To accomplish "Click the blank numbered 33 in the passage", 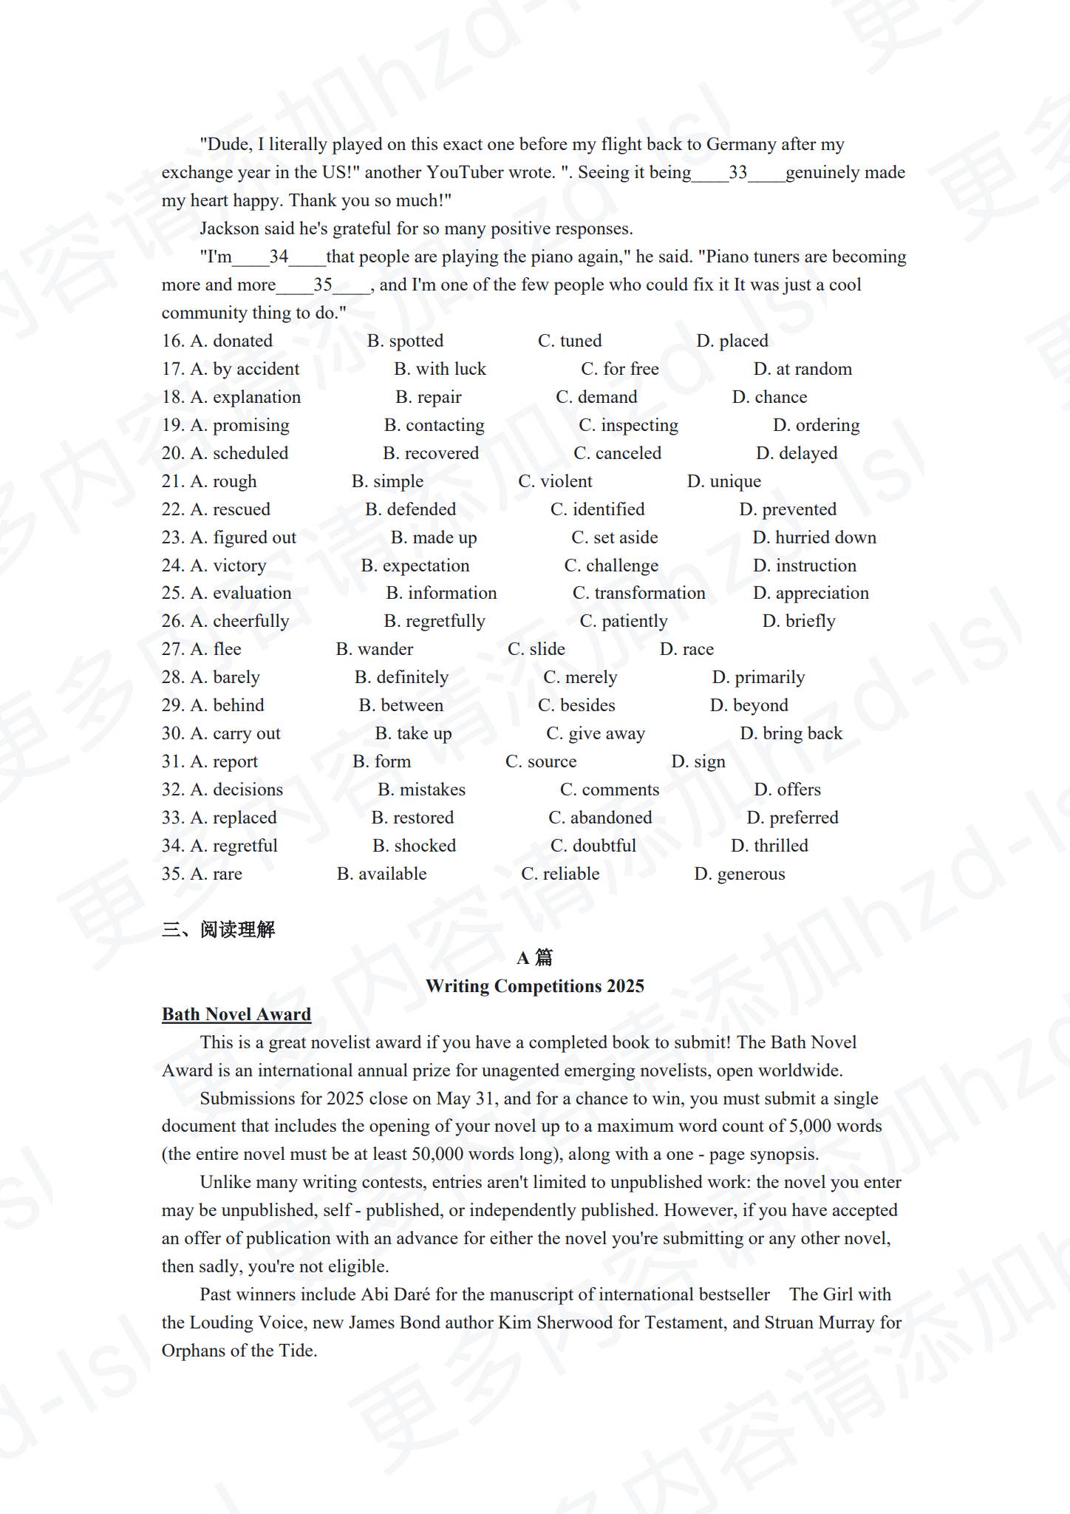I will pyautogui.click(x=737, y=173).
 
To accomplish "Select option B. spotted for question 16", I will pyautogui.click(x=405, y=341).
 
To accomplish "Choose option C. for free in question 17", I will pyautogui.click(x=619, y=369).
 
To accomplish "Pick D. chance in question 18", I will pyautogui.click(x=769, y=397).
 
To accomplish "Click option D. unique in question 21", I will pyautogui.click(x=723, y=481).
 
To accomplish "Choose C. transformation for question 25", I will pyautogui.click(x=638, y=593).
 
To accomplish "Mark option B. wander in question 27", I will pyautogui.click(x=374, y=649).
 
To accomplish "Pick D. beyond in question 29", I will pyautogui.click(x=749, y=705).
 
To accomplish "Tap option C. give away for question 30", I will pyautogui.click(x=595, y=733).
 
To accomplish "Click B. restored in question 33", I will pyautogui.click(x=412, y=818).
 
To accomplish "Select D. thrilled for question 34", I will pyautogui.click(x=769, y=846).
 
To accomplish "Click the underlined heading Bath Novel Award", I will pyautogui.click(x=236, y=1014).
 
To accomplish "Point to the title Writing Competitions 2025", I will pyautogui.click(x=534, y=986).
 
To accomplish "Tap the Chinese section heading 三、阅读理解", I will pyautogui.click(x=218, y=929).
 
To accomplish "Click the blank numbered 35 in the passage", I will pyautogui.click(x=323, y=285).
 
